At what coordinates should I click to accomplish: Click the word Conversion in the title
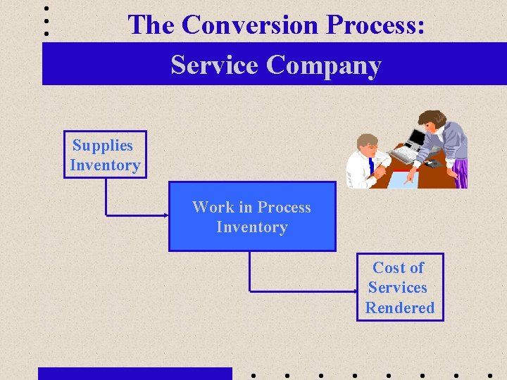click(251, 25)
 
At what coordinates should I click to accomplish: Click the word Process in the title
click(375, 25)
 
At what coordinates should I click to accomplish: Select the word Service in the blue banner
click(215, 65)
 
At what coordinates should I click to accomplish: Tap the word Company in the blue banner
click(323, 65)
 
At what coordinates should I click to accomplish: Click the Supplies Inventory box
click(105, 155)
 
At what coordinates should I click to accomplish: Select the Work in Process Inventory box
click(251, 217)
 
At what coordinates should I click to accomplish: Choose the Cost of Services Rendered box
click(399, 287)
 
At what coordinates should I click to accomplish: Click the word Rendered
click(399, 308)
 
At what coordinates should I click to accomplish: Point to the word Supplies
click(103, 145)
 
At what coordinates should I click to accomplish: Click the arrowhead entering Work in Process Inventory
click(165, 214)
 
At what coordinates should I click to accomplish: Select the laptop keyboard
click(404, 153)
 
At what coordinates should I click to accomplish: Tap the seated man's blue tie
click(370, 167)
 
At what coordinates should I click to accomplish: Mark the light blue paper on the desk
click(403, 179)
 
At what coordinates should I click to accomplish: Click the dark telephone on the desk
click(432, 164)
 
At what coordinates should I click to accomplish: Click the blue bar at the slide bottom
click(134, 373)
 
